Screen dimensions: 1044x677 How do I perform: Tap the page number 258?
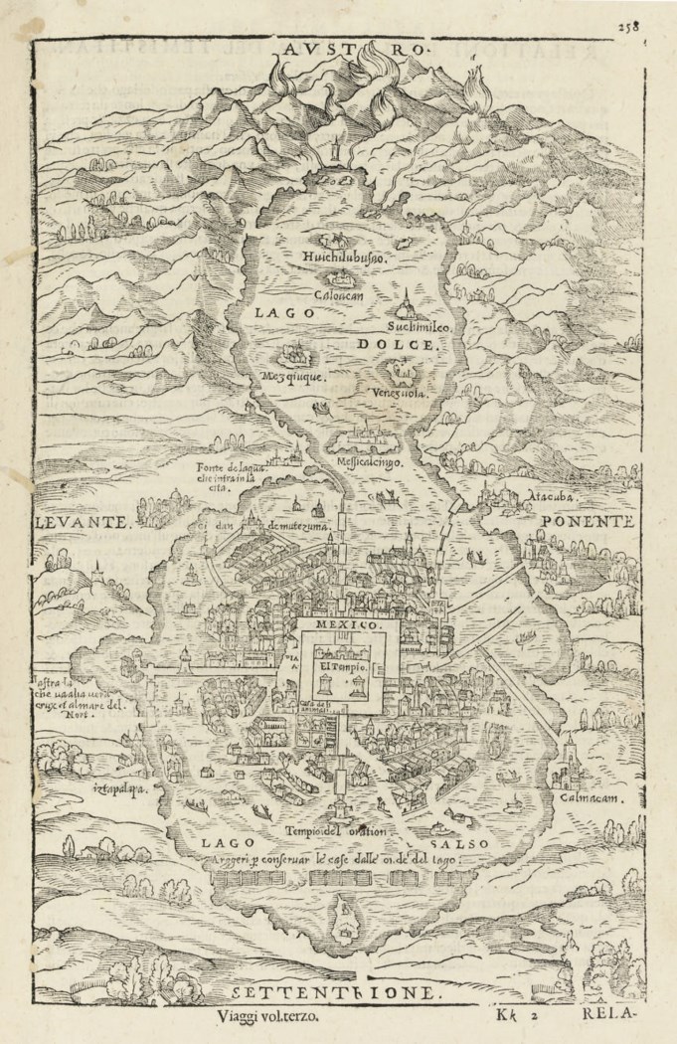click(x=655, y=28)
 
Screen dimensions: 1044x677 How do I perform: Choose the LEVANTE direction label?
click(x=83, y=521)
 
